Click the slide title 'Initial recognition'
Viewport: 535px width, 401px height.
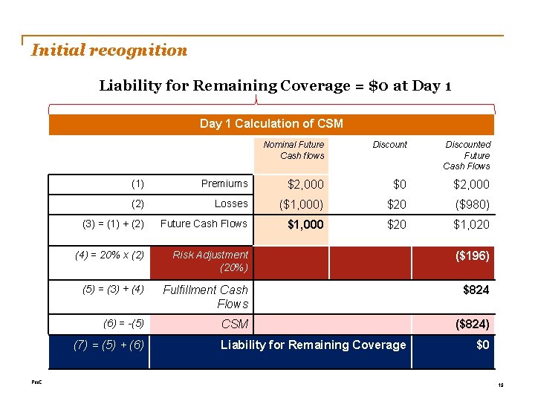(109, 50)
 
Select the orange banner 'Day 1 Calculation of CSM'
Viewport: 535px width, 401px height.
(271, 123)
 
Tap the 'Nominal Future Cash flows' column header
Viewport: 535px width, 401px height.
(294, 150)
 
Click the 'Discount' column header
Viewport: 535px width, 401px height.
(390, 145)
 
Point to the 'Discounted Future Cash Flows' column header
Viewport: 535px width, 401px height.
(467, 155)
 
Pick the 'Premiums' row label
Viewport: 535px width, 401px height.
(224, 184)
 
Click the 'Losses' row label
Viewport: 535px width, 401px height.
(231, 203)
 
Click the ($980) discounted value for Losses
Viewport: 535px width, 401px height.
(472, 204)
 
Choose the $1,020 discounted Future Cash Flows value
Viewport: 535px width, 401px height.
(472, 224)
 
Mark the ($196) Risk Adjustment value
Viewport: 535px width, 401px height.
(472, 255)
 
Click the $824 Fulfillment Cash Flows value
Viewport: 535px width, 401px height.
(476, 290)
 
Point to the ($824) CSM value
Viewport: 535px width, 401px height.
(472, 325)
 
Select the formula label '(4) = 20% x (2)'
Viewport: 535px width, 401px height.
(110, 255)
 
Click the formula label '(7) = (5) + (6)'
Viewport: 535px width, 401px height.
(110, 345)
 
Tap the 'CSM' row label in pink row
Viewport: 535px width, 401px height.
(235, 325)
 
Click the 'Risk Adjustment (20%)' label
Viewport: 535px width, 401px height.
(211, 261)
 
